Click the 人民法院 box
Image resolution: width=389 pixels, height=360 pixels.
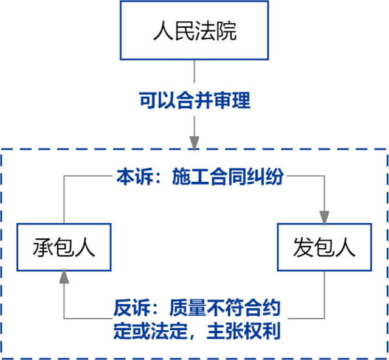(194, 30)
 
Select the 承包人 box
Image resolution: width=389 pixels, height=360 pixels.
(64, 247)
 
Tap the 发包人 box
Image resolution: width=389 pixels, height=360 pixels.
(324, 247)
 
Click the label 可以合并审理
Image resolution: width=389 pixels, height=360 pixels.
(194, 101)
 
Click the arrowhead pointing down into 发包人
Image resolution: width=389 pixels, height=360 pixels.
(324, 216)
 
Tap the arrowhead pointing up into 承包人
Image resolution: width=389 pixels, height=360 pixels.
(64, 278)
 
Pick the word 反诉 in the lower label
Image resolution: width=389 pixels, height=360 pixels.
(128, 308)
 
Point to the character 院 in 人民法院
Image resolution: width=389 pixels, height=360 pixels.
(226, 31)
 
